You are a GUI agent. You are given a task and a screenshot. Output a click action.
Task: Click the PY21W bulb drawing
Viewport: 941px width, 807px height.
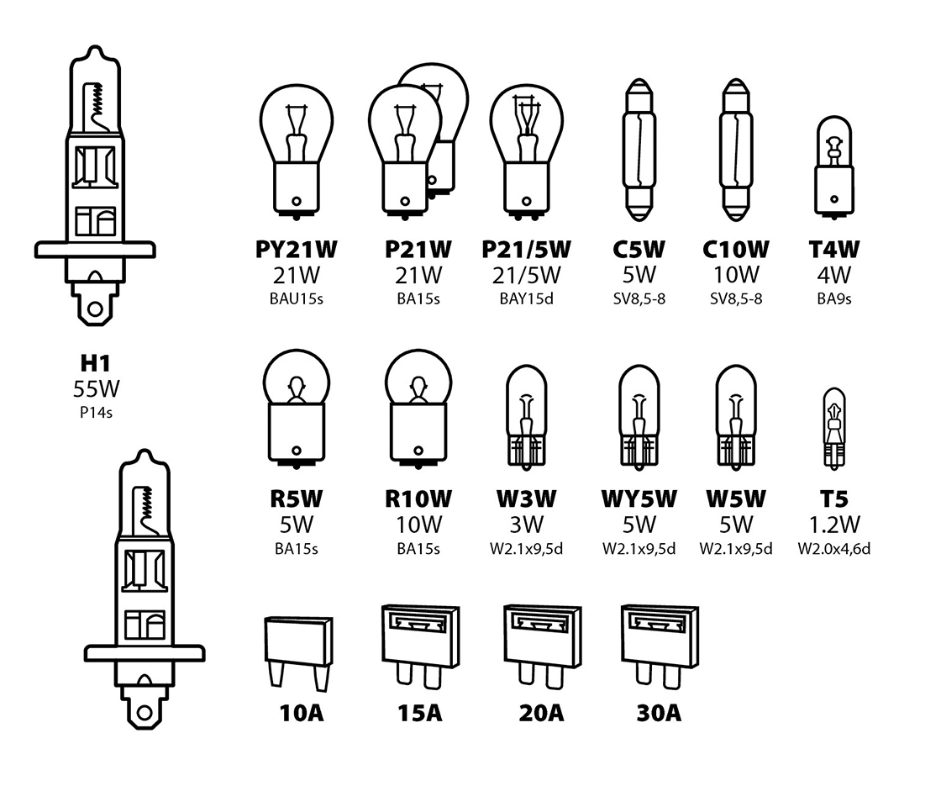(297, 150)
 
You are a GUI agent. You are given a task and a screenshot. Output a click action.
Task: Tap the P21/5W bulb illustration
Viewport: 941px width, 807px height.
(526, 150)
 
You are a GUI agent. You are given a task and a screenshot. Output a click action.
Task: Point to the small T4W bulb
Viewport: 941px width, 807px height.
(834, 167)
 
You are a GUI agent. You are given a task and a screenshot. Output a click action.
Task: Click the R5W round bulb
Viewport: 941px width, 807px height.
(297, 409)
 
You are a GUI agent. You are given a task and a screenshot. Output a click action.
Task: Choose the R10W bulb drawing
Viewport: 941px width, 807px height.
(418, 409)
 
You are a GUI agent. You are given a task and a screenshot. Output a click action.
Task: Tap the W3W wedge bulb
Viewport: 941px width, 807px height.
(526, 417)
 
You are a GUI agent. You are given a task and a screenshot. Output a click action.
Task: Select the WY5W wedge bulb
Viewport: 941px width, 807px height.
(639, 417)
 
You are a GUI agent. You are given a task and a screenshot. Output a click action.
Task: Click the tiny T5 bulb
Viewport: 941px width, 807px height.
(834, 428)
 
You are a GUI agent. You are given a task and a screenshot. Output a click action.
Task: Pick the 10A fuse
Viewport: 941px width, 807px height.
(298, 653)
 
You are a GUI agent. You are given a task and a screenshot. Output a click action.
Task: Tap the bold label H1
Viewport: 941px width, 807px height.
(96, 363)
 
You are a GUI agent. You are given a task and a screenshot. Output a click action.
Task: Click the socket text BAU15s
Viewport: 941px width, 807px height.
(297, 299)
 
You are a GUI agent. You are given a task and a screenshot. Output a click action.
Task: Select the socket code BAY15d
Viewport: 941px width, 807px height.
(526, 299)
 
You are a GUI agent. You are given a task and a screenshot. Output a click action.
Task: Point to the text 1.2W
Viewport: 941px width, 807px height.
(834, 525)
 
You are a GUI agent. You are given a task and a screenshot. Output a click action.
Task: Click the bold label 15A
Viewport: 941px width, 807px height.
(419, 714)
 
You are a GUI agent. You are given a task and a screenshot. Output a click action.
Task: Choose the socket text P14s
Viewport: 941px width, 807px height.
(96, 413)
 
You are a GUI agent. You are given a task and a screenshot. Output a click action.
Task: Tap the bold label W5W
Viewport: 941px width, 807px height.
(736, 499)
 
